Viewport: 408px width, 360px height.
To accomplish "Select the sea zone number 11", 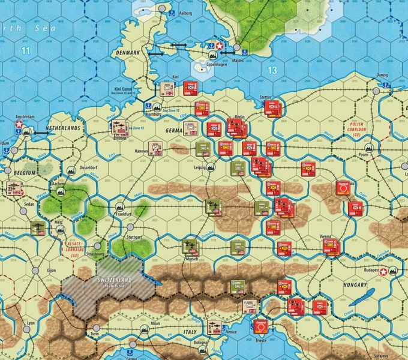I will click(25, 50).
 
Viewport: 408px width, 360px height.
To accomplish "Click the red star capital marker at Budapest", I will click(383, 271).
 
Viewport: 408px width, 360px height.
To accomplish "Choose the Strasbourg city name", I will click(112, 262).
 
